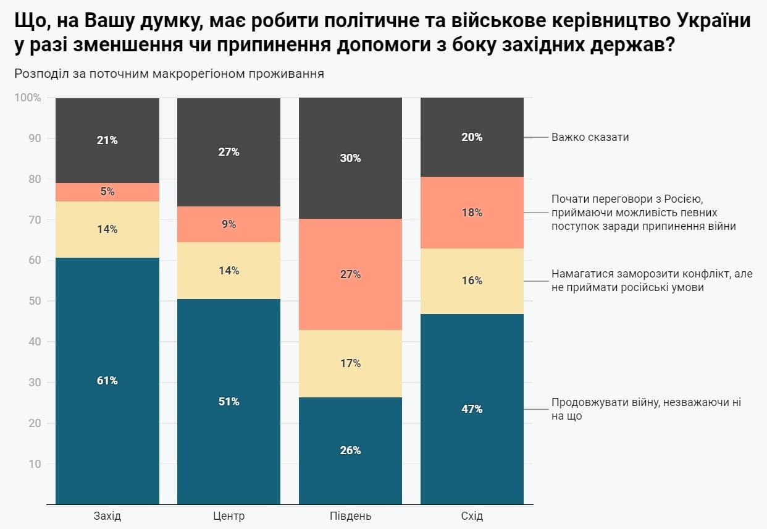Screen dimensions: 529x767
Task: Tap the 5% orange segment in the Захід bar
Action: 107,192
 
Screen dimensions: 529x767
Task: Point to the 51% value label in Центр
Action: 228,402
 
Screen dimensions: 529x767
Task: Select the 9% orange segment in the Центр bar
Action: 228,224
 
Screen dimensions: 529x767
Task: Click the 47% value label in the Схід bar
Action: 472,409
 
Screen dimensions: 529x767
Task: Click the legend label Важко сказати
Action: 590,137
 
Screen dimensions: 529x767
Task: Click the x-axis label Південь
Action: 350,516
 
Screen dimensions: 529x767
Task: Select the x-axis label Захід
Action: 107,516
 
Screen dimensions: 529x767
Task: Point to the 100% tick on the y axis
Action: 28,98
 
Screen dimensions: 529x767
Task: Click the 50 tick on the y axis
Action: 35,301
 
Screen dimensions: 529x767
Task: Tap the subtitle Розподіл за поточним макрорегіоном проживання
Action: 169,74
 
